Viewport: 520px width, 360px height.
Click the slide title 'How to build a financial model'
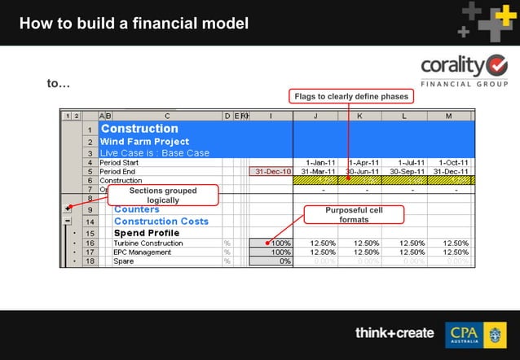(x=134, y=23)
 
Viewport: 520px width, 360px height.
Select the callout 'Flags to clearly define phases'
(x=350, y=96)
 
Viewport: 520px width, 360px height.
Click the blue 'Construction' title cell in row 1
(x=139, y=129)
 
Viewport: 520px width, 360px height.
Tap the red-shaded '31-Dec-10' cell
(x=271, y=172)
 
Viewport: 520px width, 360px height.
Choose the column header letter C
(x=167, y=116)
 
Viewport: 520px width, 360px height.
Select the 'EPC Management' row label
(x=138, y=252)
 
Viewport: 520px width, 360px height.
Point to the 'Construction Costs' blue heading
(x=161, y=221)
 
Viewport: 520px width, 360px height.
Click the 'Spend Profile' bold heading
(x=147, y=233)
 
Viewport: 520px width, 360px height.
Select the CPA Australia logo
(x=475, y=334)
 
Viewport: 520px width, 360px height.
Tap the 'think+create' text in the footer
(x=394, y=333)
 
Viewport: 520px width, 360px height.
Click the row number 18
(x=89, y=261)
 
